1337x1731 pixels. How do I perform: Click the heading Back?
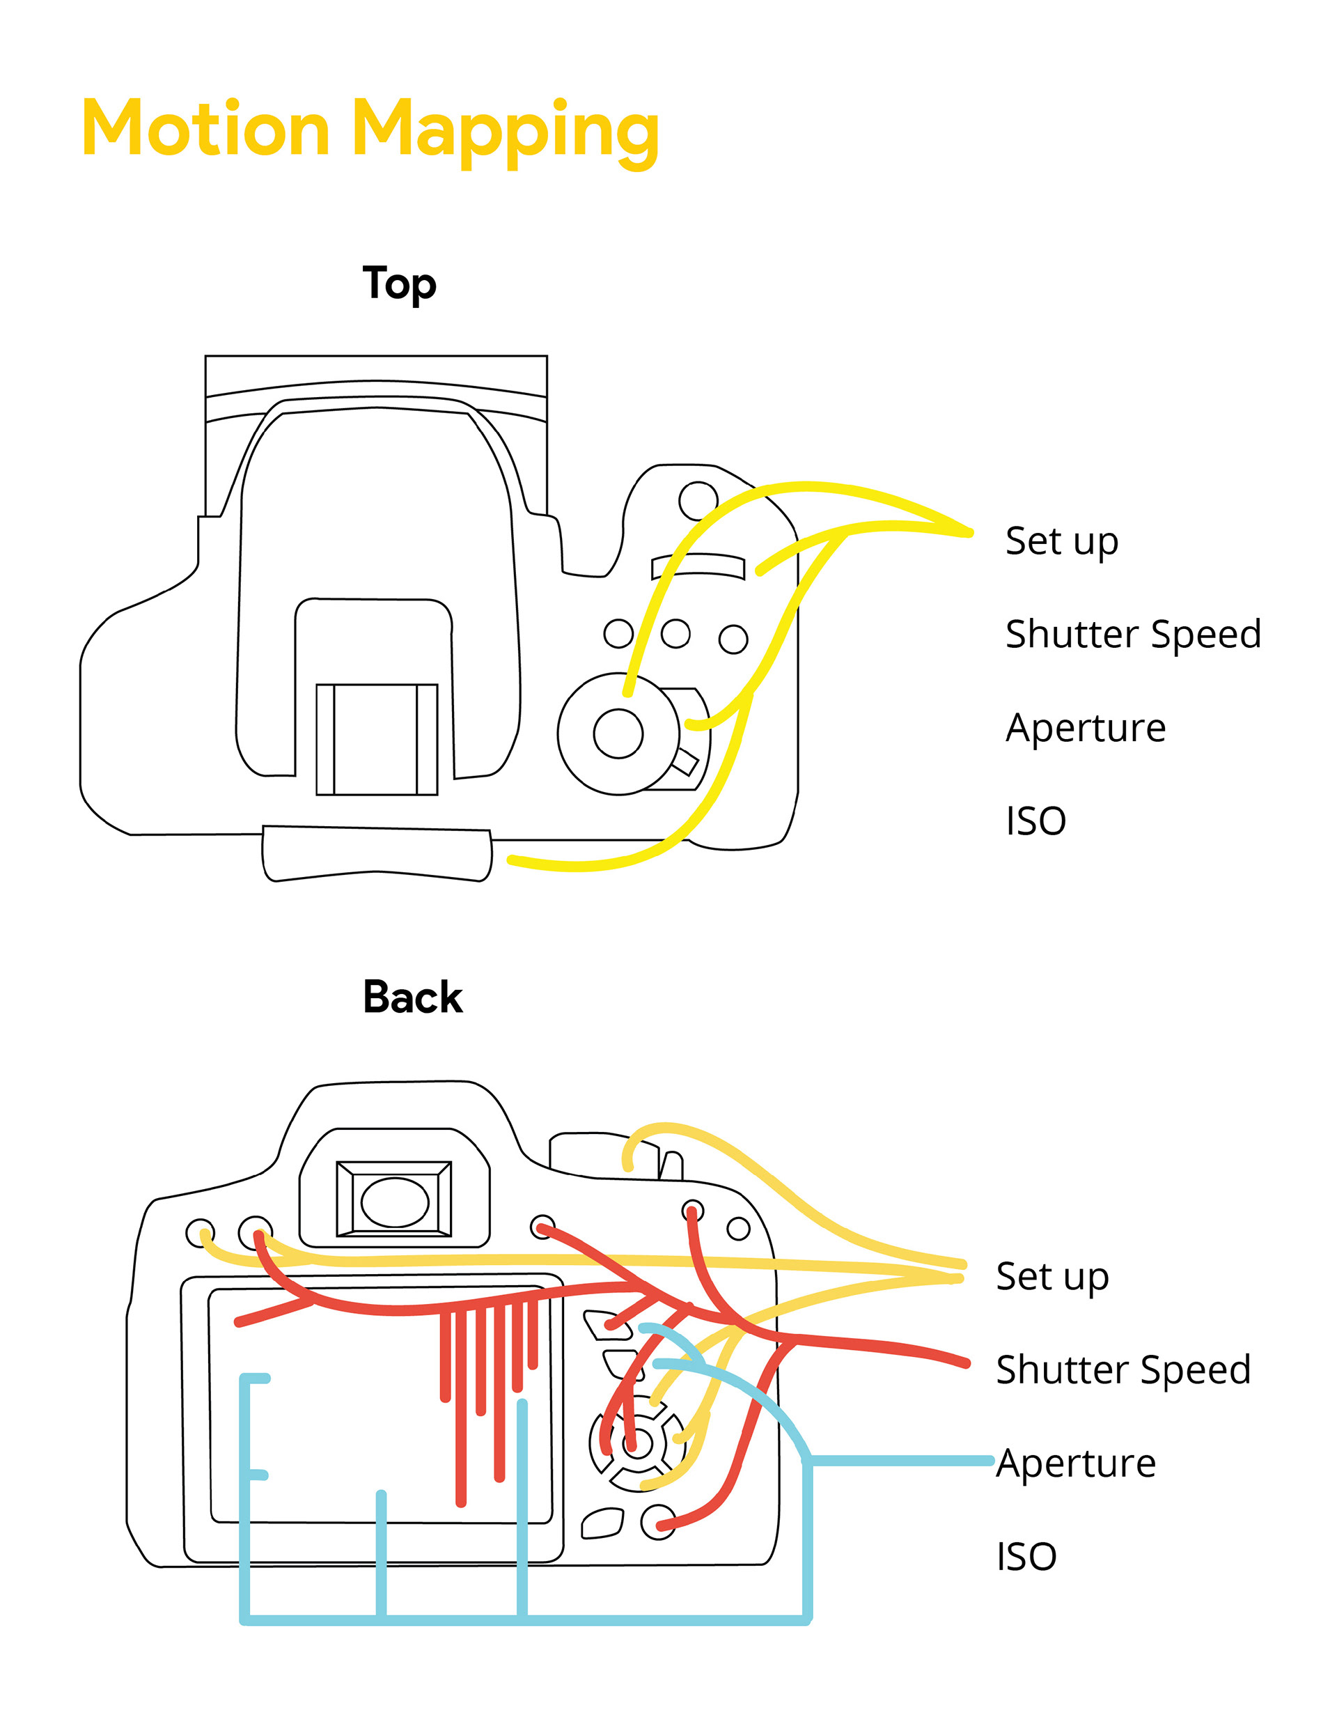click(x=412, y=997)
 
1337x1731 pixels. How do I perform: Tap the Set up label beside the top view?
click(x=1061, y=542)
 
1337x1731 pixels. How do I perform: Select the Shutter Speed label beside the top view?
click(x=1132, y=634)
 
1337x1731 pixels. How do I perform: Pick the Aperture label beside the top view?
click(x=1085, y=728)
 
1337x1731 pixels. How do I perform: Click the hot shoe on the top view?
click(x=377, y=738)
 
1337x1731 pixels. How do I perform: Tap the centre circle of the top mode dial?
click(x=618, y=733)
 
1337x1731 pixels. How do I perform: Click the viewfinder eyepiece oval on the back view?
click(x=395, y=1202)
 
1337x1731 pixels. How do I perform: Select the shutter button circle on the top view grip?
click(x=698, y=500)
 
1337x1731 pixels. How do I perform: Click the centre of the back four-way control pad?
click(x=636, y=1443)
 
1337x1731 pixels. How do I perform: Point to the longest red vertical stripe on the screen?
click(x=461, y=1411)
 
